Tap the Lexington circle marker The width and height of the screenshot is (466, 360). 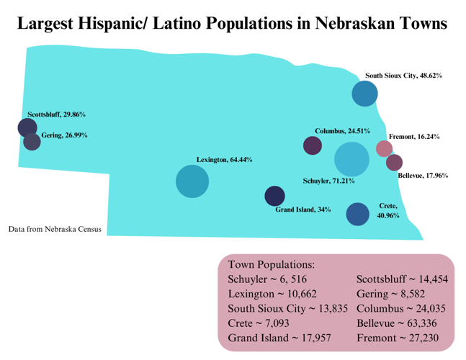192,181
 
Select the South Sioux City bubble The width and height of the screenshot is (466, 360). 365,93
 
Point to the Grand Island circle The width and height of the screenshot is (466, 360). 274,196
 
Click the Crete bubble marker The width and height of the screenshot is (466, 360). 358,215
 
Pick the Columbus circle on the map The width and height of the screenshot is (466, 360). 313,145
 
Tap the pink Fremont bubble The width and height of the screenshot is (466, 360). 385,148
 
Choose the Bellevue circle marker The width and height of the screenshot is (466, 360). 394,163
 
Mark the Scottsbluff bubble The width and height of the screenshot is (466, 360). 27,128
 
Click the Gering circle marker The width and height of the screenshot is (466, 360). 32,141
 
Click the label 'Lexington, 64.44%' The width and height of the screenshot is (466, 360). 224,160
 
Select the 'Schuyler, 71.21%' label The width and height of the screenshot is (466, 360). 328,181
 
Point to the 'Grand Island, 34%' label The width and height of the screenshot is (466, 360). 303,210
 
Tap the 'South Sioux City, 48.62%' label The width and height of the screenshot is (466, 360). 403,75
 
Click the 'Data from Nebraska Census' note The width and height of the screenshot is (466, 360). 55,230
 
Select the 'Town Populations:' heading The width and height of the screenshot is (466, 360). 271,264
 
